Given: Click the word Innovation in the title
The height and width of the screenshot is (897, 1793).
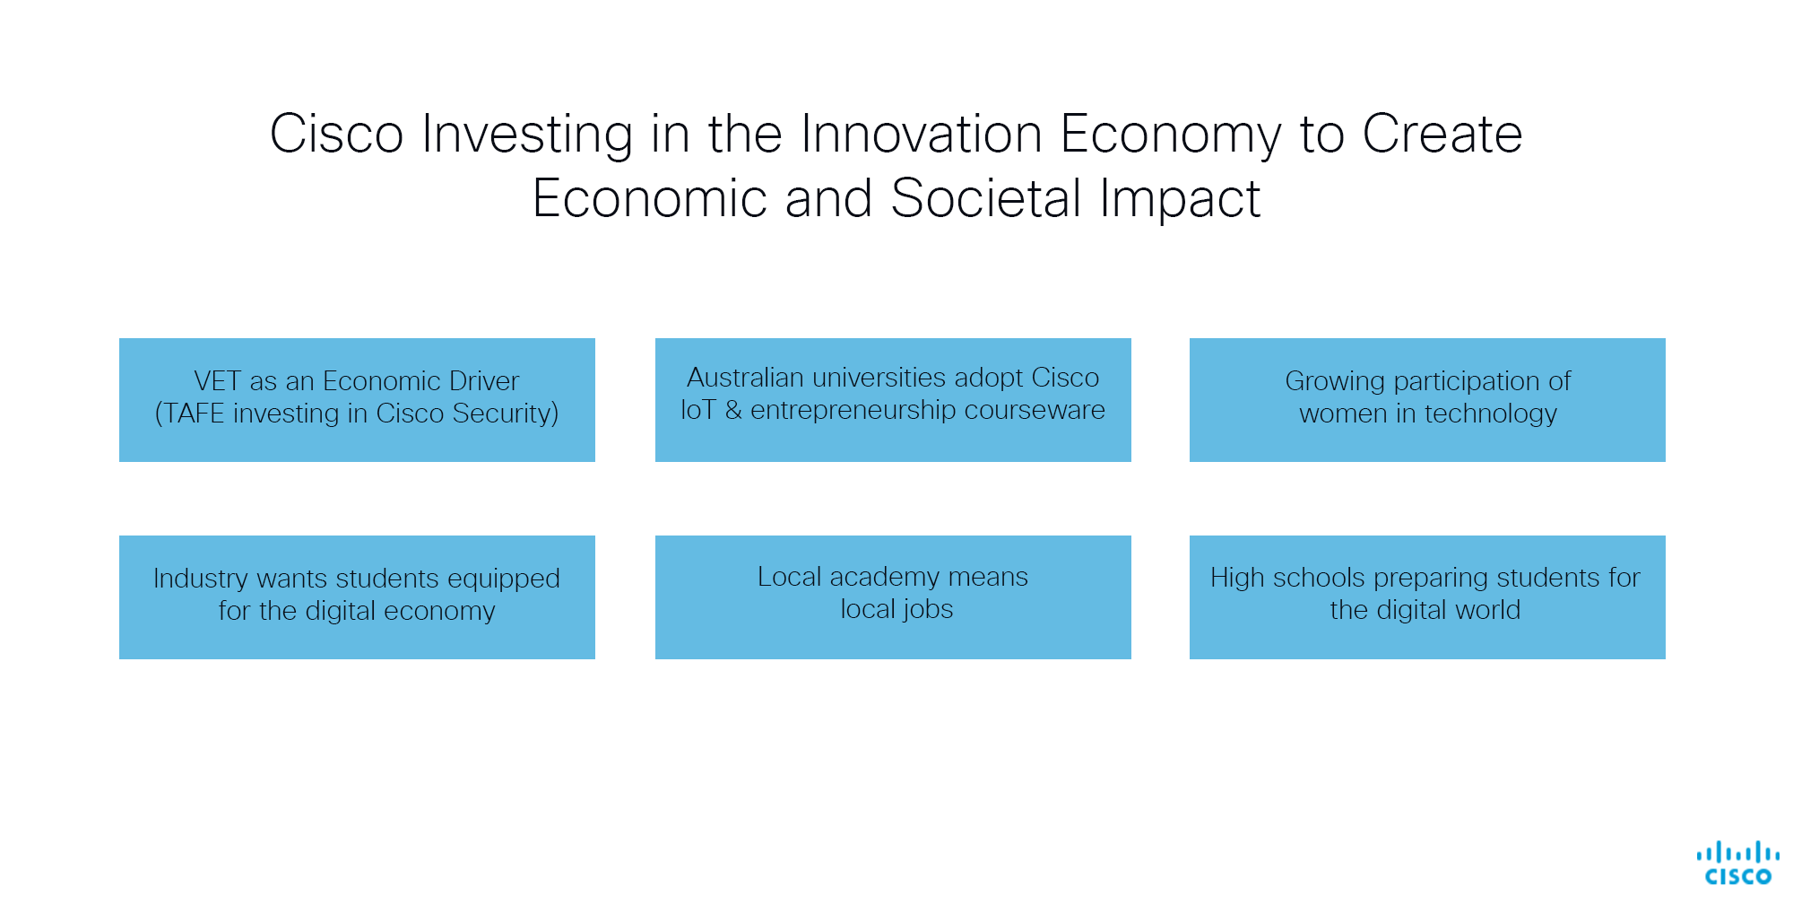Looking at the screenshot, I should [921, 135].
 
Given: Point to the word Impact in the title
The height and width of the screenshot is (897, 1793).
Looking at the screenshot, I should [1180, 200].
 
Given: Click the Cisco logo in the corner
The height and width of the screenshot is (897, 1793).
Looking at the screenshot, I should [1737, 863].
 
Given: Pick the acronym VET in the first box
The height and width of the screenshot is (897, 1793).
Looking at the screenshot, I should [217, 381].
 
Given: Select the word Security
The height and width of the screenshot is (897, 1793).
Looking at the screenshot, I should [505, 414].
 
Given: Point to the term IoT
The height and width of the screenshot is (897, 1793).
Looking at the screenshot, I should [697, 410].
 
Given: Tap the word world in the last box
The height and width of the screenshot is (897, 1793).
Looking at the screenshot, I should [1487, 610].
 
